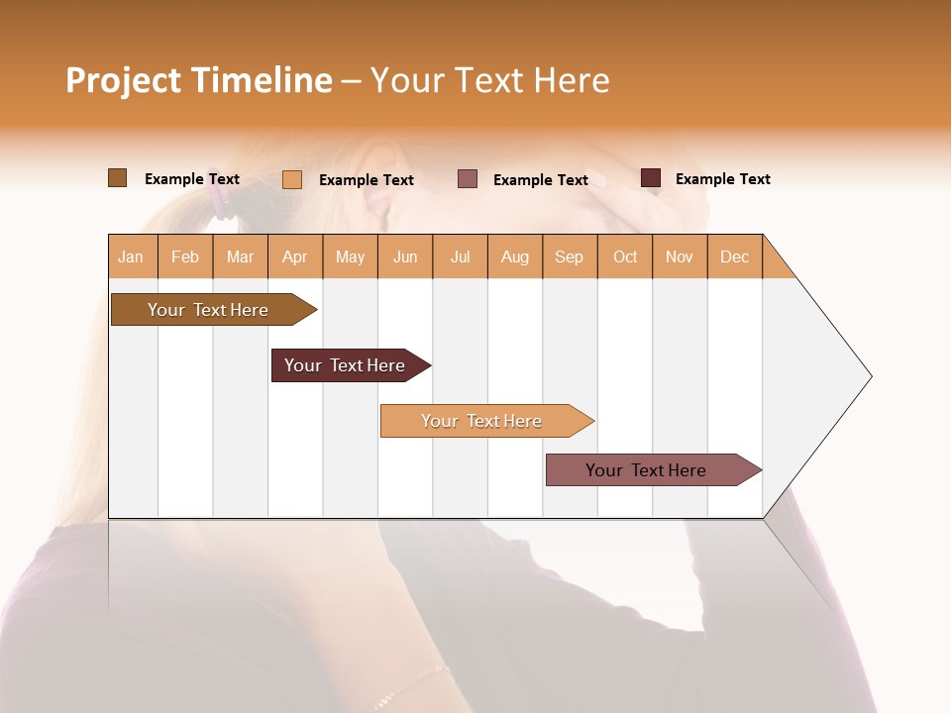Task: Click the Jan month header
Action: [131, 256]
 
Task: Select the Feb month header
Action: [185, 256]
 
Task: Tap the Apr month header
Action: [294, 256]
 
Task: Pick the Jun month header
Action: [405, 256]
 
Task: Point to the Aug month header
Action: [514, 256]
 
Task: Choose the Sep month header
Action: [569, 256]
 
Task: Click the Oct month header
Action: [625, 256]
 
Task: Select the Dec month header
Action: [734, 256]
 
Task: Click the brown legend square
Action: [117, 178]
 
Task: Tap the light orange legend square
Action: [292, 179]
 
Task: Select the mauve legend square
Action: [468, 179]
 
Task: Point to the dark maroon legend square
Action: [651, 178]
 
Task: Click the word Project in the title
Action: [123, 80]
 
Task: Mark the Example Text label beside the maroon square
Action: [722, 179]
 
